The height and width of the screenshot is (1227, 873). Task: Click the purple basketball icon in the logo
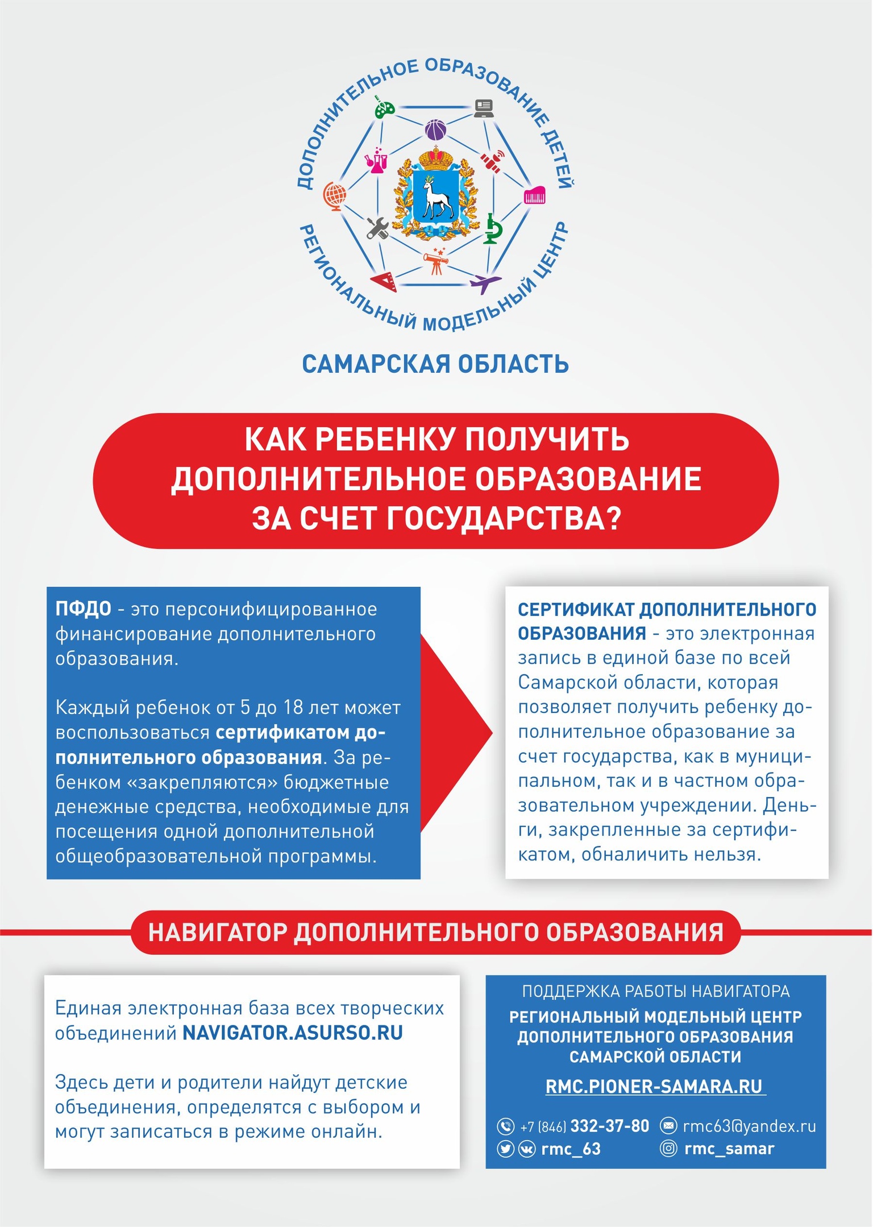coord(435,130)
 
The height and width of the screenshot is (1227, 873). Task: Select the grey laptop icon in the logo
coord(484,107)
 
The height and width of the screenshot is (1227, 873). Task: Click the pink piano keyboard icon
coord(535,196)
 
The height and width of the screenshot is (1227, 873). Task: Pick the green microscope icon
coord(493,229)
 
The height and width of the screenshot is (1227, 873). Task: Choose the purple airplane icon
coord(484,282)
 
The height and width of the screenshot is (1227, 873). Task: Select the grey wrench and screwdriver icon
coord(377,228)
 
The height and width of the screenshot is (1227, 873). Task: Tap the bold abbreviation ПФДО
coord(84,609)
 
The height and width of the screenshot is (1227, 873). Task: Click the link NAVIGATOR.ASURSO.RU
coord(292,1032)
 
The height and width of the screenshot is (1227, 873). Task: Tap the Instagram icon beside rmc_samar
coord(668,1149)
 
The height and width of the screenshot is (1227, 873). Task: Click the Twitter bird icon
coord(505,1149)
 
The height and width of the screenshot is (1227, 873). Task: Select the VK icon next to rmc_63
coord(527,1149)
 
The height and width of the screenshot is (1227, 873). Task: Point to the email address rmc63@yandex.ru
coord(749,1126)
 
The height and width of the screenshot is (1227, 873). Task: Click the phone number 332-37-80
coord(609,1126)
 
